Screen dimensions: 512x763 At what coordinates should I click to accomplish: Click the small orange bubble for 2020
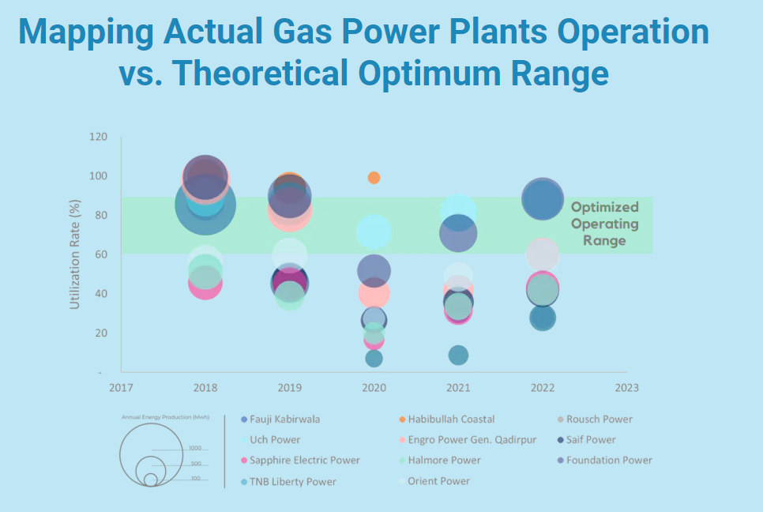374,178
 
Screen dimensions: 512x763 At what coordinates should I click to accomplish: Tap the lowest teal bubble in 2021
458,356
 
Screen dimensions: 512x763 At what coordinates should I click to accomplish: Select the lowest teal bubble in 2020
374,358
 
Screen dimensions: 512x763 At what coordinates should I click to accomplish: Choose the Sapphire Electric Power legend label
304,461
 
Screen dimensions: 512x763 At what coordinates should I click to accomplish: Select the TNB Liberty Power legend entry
292,481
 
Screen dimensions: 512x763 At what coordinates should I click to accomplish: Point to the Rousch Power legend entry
599,420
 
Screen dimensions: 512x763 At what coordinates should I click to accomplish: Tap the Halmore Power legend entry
444,461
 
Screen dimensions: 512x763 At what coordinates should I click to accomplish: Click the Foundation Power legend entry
608,461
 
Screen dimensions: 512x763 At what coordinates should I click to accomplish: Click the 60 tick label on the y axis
100,254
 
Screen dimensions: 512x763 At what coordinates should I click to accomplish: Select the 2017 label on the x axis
121,388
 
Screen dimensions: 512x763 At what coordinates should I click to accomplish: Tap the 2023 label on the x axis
626,388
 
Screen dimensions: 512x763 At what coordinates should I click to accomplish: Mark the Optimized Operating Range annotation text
604,224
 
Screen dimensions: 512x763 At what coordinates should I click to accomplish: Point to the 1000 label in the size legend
195,448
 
